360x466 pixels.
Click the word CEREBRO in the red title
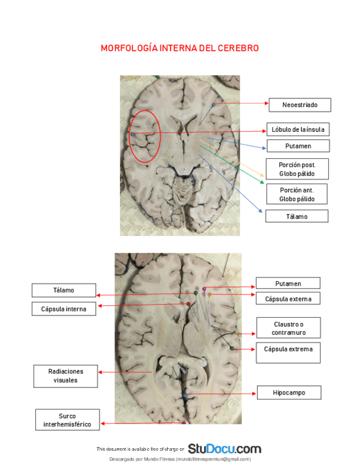[237, 48]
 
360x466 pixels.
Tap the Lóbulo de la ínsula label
[297, 130]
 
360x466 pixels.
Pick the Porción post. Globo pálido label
[296, 169]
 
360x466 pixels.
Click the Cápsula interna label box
[63, 309]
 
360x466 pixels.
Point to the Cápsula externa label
[288, 299]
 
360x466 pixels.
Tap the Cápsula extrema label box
[288, 349]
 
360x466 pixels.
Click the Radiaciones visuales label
[65, 376]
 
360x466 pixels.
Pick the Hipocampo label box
[289, 393]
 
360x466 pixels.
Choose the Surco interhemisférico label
[67, 420]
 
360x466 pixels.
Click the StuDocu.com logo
[224, 448]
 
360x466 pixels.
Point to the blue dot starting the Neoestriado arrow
[213, 104]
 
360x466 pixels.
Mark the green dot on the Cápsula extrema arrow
[232, 348]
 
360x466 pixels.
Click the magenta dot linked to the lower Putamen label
[204, 289]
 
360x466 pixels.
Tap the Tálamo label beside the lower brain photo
[64, 290]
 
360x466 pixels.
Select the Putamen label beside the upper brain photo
[298, 146]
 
